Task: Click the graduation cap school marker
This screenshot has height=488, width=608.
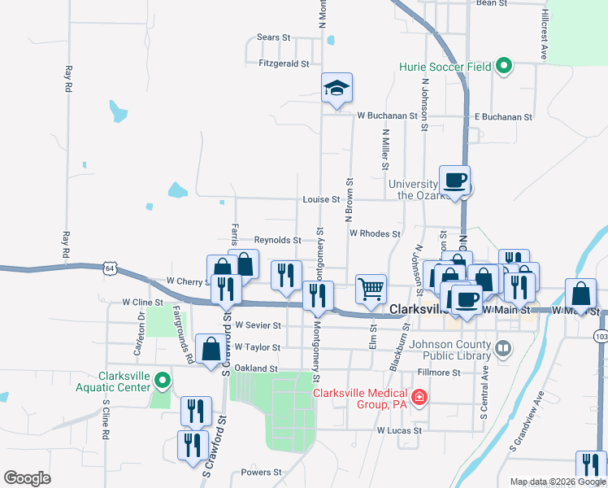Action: (337, 88)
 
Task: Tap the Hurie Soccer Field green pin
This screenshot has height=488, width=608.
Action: (502, 67)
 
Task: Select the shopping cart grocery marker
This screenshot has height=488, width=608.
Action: (371, 287)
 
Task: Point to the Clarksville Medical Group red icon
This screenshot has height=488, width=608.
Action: (419, 398)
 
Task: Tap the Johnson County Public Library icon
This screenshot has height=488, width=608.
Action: (503, 349)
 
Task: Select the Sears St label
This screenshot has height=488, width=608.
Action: (273, 37)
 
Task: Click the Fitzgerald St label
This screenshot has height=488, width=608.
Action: (284, 63)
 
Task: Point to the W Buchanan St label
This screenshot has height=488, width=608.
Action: (386, 115)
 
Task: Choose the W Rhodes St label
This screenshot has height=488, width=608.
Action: (375, 233)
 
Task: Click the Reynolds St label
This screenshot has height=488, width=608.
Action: (277, 241)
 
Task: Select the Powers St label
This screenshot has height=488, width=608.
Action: (261, 472)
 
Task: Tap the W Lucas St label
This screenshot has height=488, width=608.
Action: (399, 429)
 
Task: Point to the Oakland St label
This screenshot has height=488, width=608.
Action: (256, 368)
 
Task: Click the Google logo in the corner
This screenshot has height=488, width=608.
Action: (27, 477)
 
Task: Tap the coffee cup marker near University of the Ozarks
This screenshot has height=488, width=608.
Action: (454, 179)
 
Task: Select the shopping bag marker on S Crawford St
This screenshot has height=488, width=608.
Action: (211, 349)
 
